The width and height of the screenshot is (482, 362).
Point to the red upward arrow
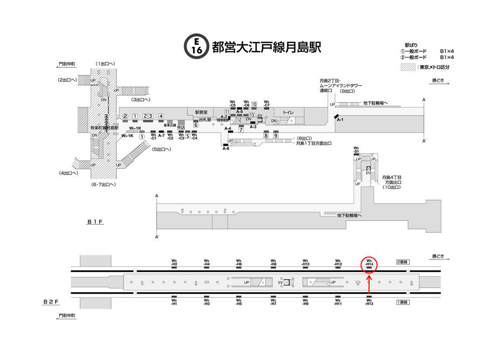(369, 284)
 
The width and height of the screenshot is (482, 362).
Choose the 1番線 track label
(403, 302)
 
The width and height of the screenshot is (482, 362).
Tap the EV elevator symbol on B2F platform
(287, 283)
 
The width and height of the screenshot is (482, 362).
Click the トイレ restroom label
(288, 113)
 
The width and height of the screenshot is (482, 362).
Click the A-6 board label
(226, 149)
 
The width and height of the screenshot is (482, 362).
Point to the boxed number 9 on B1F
(276, 135)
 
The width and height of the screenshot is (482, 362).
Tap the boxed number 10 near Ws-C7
(254, 104)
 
